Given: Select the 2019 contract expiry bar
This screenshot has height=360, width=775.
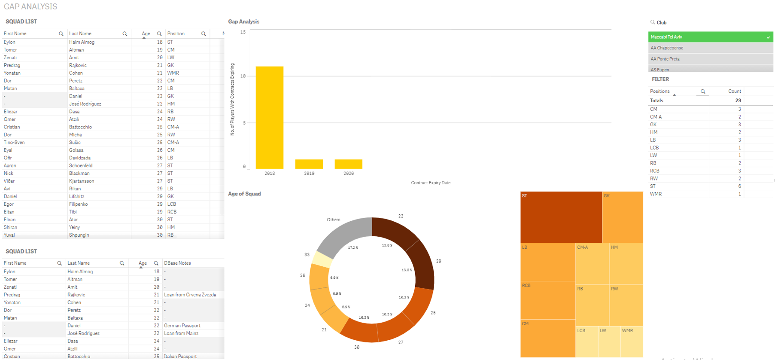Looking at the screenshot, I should (309, 164).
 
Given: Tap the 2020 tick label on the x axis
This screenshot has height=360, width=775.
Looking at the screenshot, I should (348, 174).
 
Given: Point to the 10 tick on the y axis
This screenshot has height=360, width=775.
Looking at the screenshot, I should (243, 76).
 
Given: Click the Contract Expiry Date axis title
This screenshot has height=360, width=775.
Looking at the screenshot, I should (430, 183).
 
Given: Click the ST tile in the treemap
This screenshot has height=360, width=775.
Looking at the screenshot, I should (561, 217).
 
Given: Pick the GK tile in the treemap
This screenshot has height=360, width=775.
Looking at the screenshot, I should (622, 217).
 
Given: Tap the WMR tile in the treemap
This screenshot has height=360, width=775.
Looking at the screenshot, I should (632, 342).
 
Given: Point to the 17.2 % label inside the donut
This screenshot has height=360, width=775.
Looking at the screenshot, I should (353, 248).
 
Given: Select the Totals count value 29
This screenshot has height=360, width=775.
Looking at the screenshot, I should (738, 101).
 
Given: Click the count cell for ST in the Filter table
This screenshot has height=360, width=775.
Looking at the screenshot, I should (739, 186).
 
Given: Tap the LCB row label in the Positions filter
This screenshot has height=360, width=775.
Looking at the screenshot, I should (654, 148).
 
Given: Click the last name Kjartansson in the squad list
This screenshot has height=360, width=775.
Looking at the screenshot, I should (82, 181).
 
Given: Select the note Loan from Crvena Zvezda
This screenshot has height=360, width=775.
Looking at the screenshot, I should (190, 295).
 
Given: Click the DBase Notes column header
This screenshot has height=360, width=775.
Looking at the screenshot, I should (177, 263).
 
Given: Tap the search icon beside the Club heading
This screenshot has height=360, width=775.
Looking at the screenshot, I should (652, 22).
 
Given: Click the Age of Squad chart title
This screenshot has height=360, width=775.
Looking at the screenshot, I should (244, 194).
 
